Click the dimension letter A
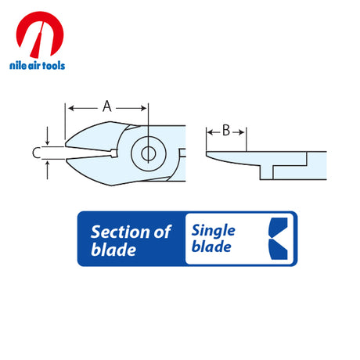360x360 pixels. [x=107, y=106]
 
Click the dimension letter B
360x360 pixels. [x=226, y=130]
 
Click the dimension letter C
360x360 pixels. [x=36, y=153]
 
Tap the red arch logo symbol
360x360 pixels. [x=40, y=34]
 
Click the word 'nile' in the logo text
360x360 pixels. [x=18, y=65]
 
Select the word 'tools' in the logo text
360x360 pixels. [x=54, y=65]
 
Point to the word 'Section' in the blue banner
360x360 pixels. [x=121, y=232]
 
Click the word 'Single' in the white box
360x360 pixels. [x=214, y=231]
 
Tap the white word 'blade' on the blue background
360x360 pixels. [x=113, y=250]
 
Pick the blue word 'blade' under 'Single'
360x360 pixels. [x=211, y=247]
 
